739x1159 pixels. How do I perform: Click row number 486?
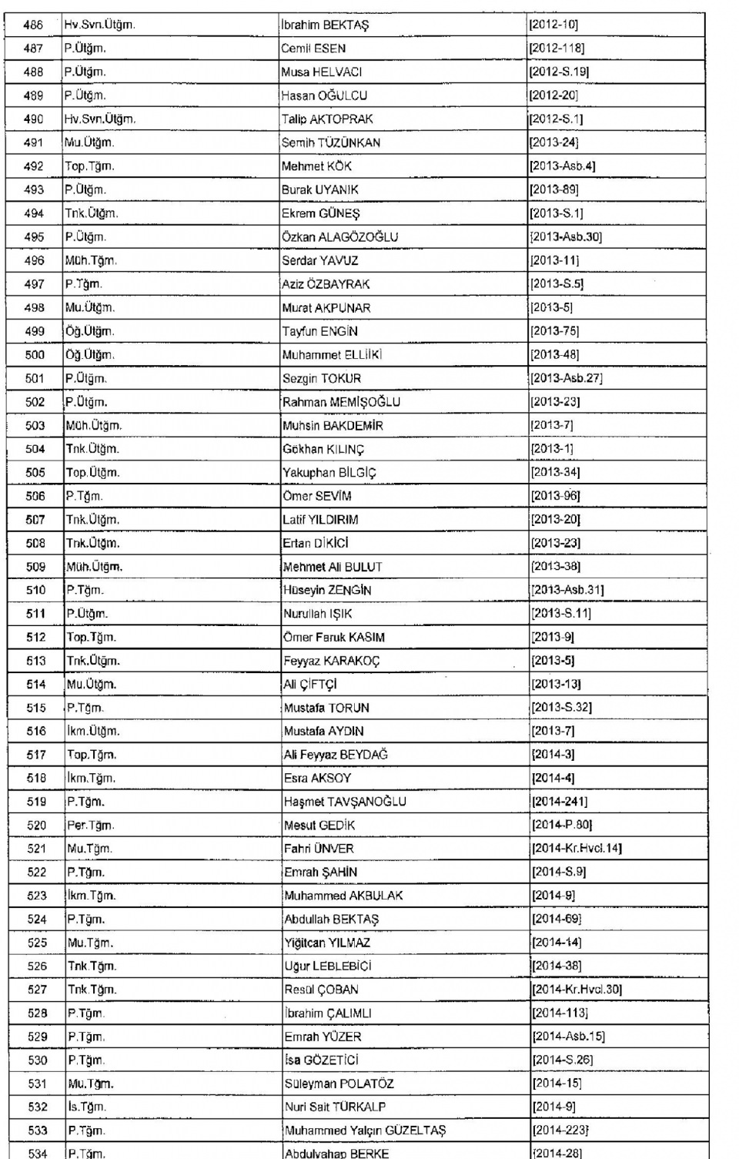[33, 25]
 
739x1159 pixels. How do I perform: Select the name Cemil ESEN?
[313, 49]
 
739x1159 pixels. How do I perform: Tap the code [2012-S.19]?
[559, 72]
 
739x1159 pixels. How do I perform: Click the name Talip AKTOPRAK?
[327, 119]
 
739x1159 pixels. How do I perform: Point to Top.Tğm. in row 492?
[90, 166]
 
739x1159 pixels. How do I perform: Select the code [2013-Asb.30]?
[566, 237]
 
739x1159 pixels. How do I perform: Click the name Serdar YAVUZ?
[320, 261]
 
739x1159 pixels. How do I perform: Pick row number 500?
[35, 355]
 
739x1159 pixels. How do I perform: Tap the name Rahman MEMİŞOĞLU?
[341, 402]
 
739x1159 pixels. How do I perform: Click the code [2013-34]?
[555, 473]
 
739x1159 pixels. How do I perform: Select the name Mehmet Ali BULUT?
[333, 567]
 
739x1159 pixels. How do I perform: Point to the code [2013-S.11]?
[560, 614]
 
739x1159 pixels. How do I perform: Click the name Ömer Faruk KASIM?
[334, 638]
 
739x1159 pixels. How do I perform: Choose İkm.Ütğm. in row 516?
[93, 732]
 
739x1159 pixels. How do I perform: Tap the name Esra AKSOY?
[317, 779]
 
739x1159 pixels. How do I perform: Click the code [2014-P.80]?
[562, 826]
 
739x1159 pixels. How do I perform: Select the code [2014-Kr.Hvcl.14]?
[577, 849]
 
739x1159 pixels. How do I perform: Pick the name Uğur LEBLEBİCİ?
[328, 966]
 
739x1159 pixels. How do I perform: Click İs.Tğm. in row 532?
[86, 1107]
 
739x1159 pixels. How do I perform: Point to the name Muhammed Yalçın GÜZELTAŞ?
[365, 1131]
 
